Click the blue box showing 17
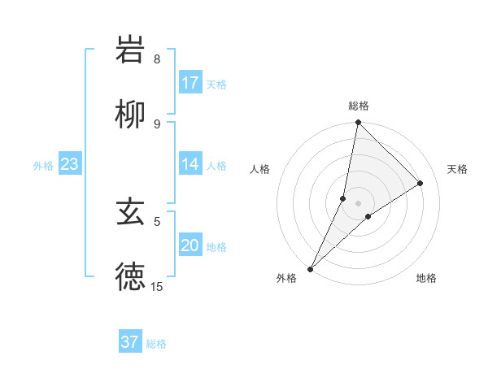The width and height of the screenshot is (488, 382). [x=190, y=83]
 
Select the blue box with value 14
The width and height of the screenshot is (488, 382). [x=190, y=164]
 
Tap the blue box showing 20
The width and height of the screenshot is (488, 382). [x=190, y=245]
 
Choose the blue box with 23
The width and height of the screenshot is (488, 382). [x=70, y=164]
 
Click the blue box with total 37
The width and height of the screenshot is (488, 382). [x=130, y=342]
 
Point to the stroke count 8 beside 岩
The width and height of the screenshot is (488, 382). [x=157, y=59]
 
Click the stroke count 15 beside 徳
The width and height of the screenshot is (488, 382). [x=157, y=286]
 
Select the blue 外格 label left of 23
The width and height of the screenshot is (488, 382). [x=43, y=165]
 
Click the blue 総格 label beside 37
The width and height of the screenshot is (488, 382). [x=156, y=343]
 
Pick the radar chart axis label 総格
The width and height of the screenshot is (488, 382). [x=359, y=106]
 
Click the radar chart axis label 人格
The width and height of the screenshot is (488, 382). [x=260, y=169]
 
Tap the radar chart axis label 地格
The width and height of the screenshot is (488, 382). [x=426, y=278]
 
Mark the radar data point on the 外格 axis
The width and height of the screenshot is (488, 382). [x=311, y=268]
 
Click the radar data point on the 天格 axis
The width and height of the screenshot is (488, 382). [x=420, y=184]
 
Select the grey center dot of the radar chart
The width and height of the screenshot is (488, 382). [x=359, y=203]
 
